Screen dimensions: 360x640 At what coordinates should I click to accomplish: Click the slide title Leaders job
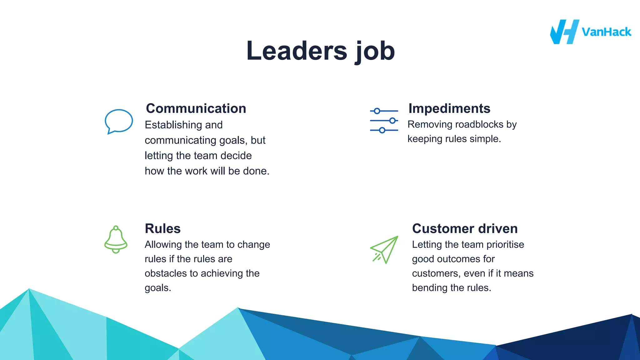[321, 51]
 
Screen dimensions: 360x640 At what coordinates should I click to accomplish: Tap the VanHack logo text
[606, 32]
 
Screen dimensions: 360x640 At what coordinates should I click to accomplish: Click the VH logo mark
[564, 32]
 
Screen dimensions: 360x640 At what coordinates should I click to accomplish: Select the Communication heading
[196, 108]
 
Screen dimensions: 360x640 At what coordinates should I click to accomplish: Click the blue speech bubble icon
[118, 121]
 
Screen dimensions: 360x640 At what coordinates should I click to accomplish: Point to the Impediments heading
[449, 108]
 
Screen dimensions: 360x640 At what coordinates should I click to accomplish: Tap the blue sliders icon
[384, 121]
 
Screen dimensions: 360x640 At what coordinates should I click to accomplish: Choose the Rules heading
[162, 228]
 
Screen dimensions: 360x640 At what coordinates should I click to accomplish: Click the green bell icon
[116, 240]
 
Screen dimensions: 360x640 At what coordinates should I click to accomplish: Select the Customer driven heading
[465, 228]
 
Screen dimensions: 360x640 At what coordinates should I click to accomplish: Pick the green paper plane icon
[385, 250]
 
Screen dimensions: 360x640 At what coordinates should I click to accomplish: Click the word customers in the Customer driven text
[436, 273]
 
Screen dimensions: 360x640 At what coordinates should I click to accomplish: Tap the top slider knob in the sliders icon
[377, 111]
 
